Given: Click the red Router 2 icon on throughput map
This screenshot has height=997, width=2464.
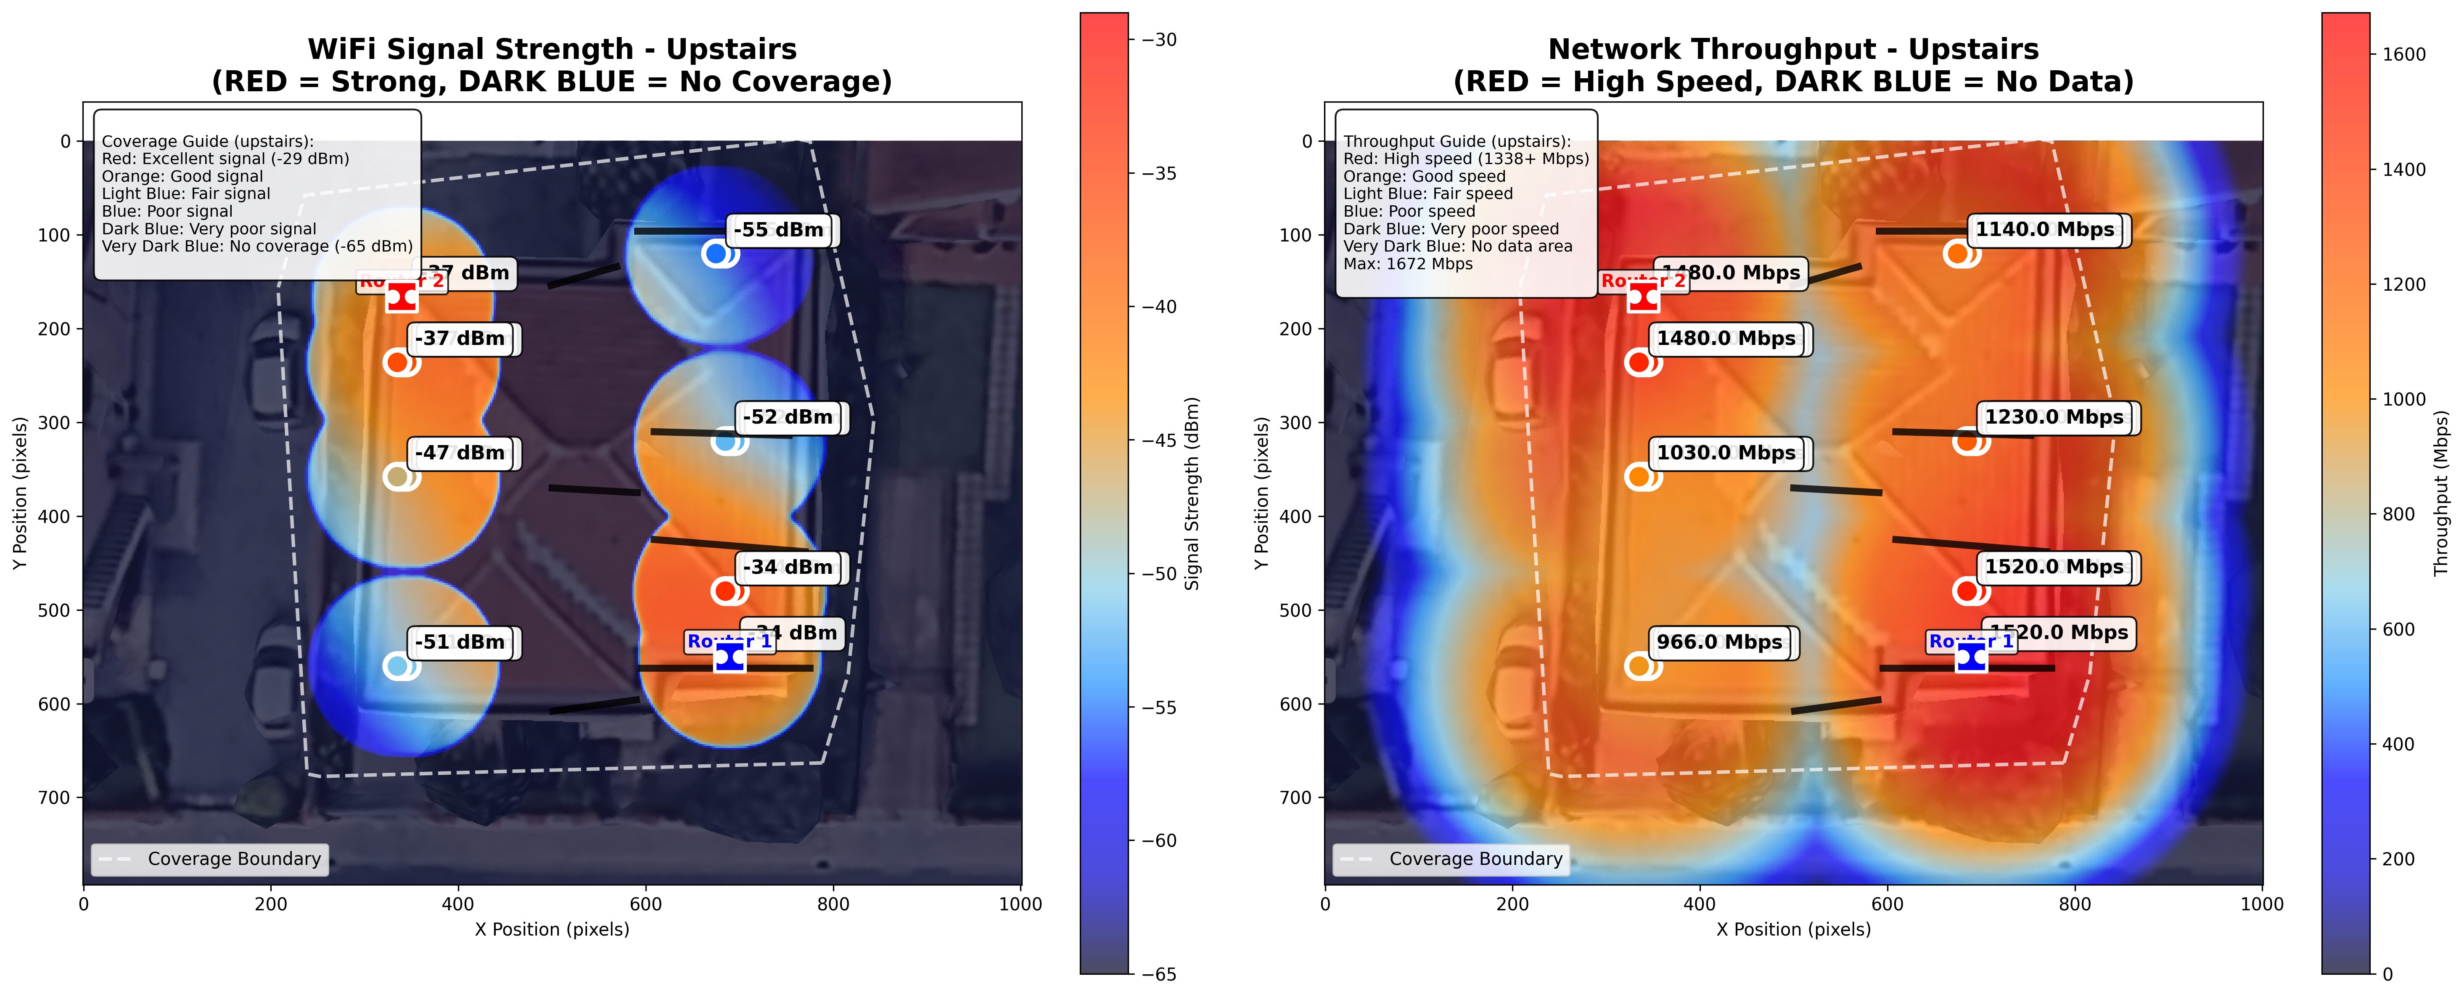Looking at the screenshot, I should tap(1643, 297).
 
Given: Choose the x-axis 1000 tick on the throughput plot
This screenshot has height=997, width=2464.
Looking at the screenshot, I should tap(2262, 904).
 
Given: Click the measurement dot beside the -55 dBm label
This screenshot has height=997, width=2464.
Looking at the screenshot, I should tap(716, 254).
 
